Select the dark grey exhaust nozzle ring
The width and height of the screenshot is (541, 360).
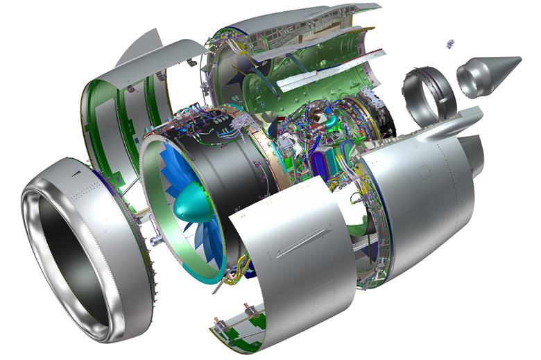pyautogui.click(x=429, y=94)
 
